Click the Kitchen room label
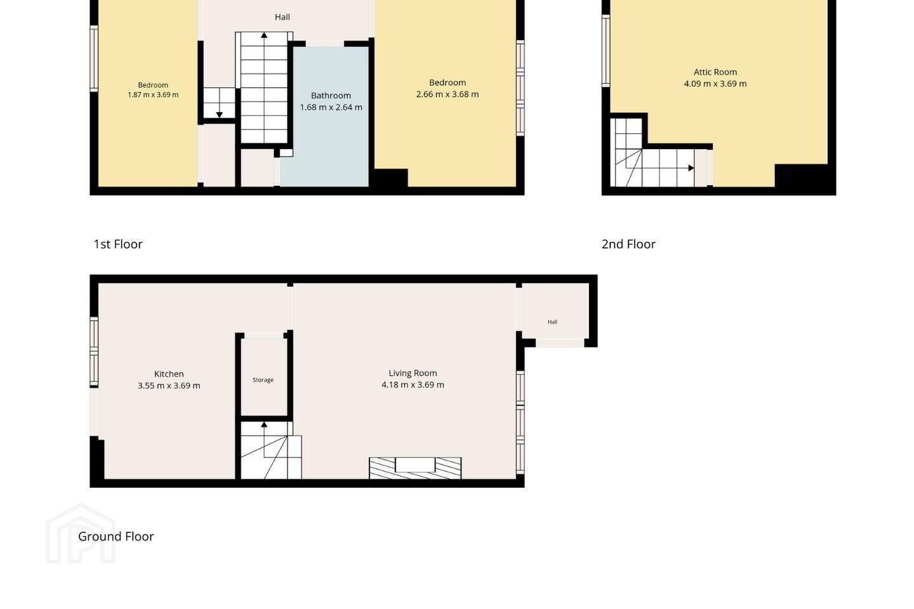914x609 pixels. [x=169, y=374]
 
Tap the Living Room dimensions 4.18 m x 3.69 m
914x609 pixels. [x=413, y=384]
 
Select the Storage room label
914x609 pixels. [x=263, y=380]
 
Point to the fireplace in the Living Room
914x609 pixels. [x=415, y=468]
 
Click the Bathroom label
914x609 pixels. [x=331, y=95]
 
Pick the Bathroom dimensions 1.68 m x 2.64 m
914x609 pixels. [x=331, y=107]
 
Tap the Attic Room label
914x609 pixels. [x=715, y=72]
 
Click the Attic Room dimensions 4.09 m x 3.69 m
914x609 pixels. [x=715, y=84]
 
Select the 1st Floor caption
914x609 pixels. [x=118, y=244]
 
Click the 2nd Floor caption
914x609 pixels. [x=628, y=244]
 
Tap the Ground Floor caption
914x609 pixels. [x=116, y=537]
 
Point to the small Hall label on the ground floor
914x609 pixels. [x=552, y=322]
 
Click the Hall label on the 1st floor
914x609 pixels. [x=282, y=17]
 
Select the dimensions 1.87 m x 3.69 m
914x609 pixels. [x=153, y=95]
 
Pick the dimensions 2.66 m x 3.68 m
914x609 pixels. [x=447, y=95]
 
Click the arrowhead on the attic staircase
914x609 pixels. [x=691, y=168]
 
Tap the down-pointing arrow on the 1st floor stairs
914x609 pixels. [x=219, y=115]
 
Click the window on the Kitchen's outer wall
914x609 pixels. [x=94, y=351]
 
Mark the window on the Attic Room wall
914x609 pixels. [x=606, y=51]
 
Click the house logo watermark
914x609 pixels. [x=81, y=534]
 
